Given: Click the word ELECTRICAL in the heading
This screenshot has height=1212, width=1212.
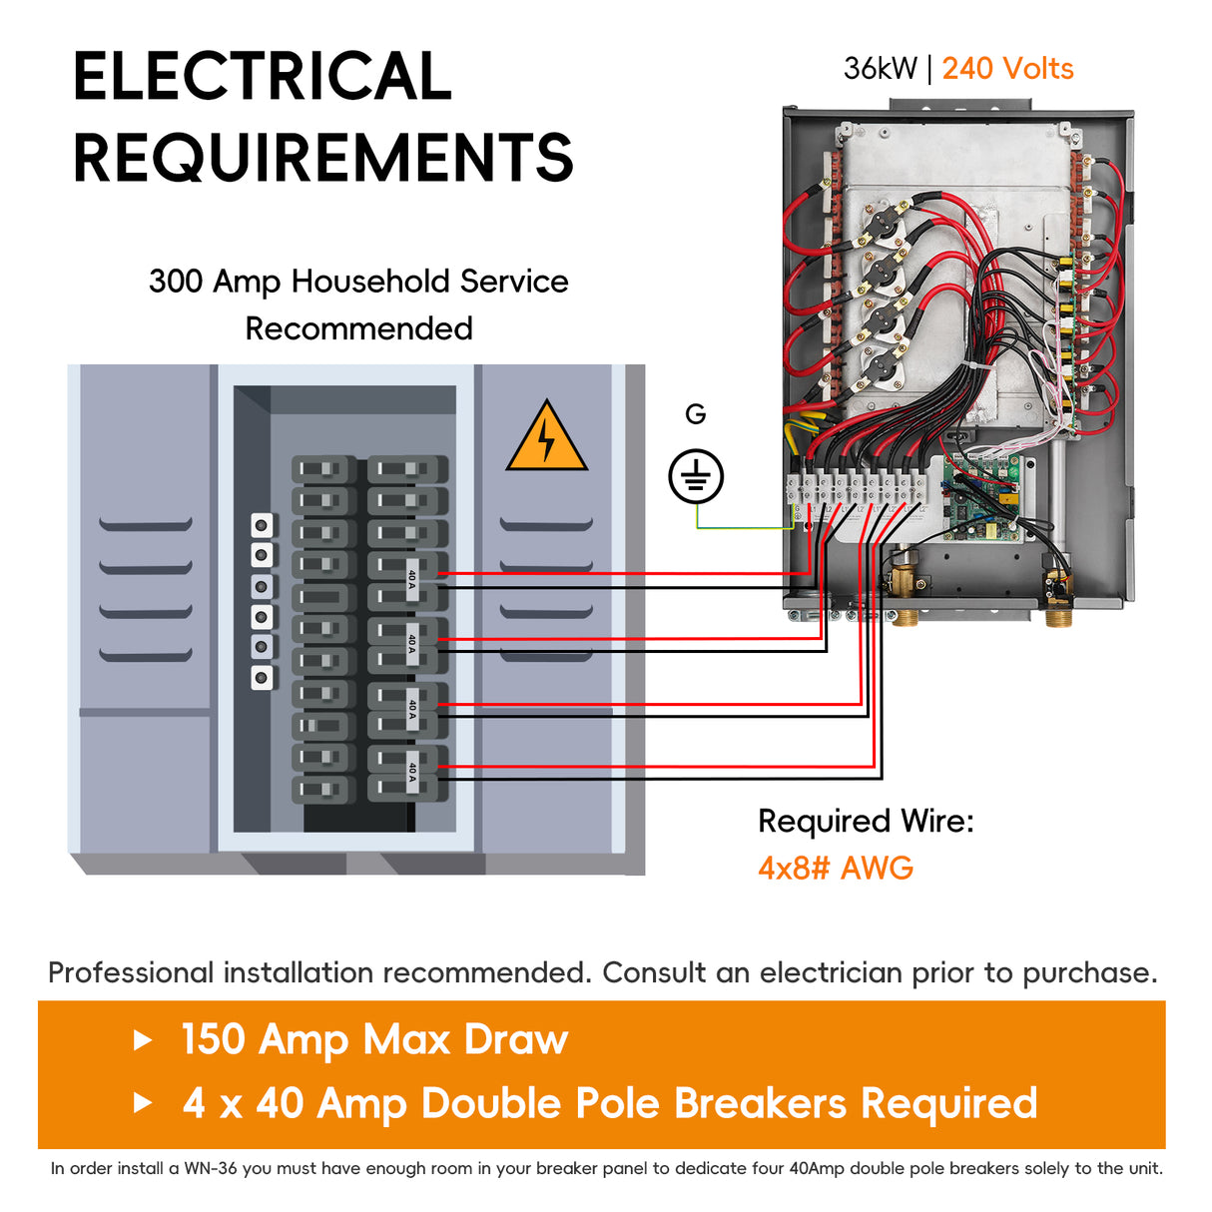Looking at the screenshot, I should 263,76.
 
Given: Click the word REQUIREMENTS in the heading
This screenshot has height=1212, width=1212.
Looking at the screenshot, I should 323,158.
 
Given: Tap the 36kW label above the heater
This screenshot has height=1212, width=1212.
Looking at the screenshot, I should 880,69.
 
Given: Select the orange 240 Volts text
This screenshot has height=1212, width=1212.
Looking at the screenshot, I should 1007,69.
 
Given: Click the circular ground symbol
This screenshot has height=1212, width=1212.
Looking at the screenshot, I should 696,476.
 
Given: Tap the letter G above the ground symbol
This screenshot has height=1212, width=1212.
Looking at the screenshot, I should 696,414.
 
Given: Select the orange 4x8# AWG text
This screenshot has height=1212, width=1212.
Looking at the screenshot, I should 836,868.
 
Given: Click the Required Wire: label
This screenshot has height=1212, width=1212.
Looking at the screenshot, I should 866,821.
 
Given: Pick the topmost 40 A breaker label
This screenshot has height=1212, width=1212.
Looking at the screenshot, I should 411,579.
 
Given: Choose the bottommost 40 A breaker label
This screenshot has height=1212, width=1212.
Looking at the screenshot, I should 411,771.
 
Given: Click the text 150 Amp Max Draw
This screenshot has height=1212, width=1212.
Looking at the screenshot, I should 374,1039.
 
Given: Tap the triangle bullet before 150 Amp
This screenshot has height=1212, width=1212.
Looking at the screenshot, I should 144,1040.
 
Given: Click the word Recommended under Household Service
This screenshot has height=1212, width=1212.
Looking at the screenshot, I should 359,328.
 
